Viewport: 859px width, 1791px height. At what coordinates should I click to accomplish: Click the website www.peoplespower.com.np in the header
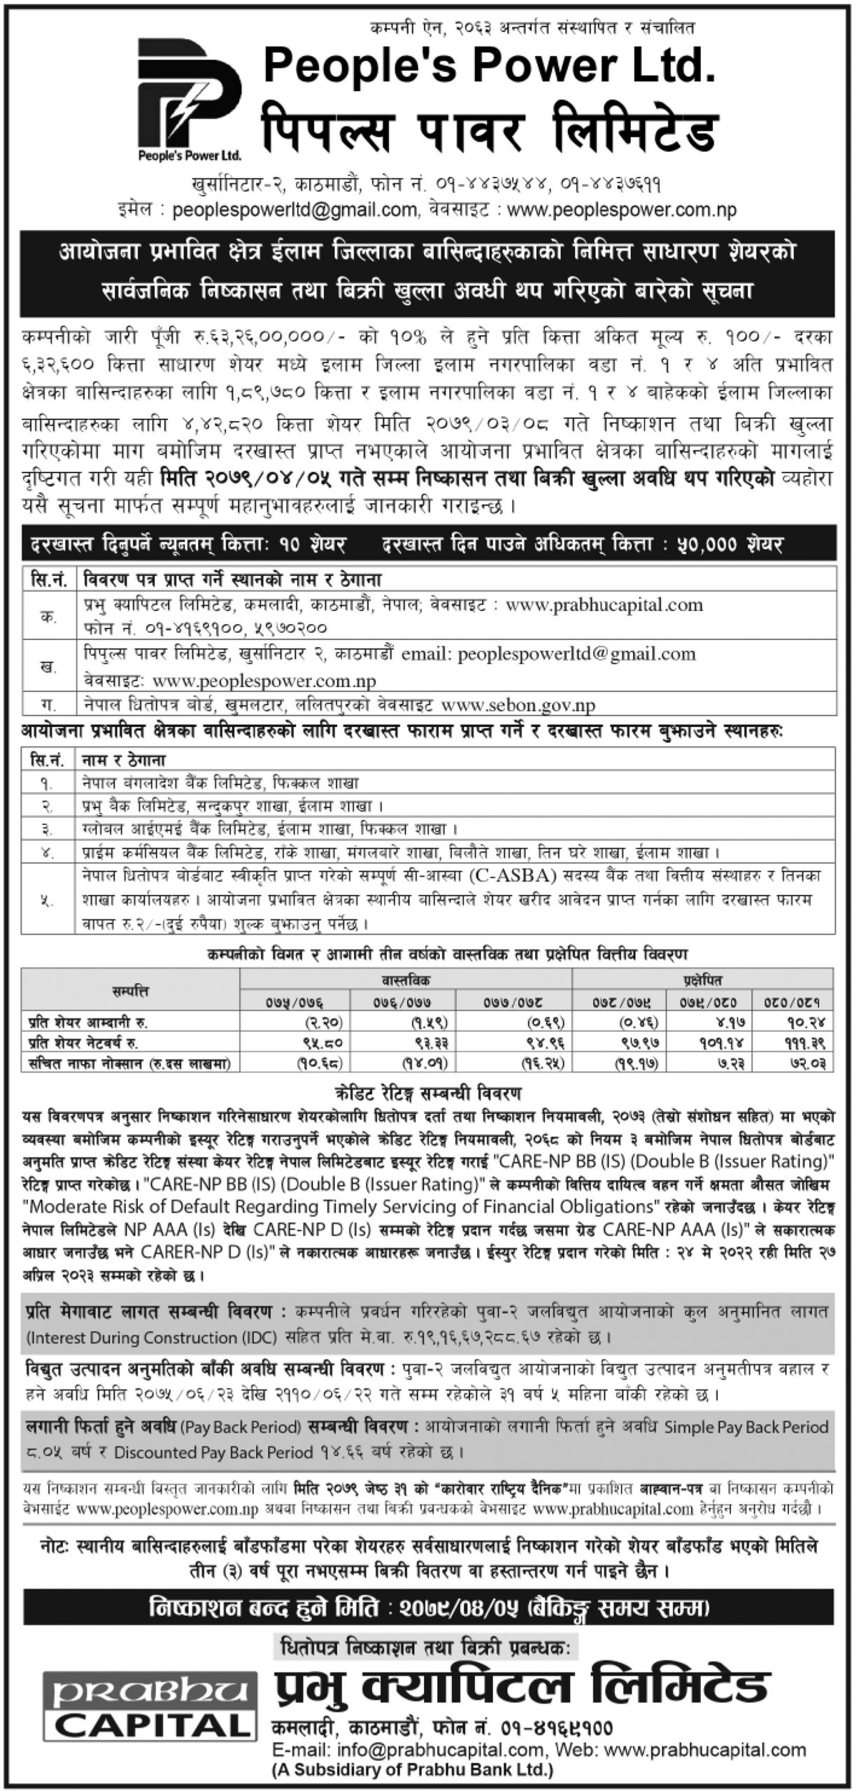pos(622,210)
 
